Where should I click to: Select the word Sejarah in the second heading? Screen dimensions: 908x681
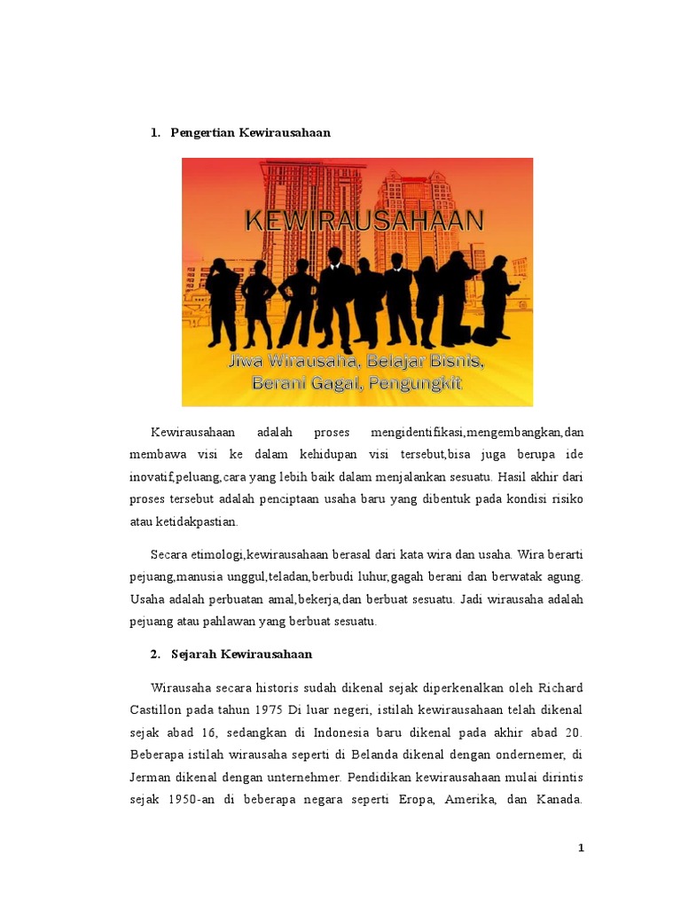point(194,654)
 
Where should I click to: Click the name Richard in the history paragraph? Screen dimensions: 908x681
point(559,688)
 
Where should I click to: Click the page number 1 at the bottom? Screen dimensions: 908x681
point(581,849)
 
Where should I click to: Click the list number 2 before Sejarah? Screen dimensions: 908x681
point(154,654)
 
